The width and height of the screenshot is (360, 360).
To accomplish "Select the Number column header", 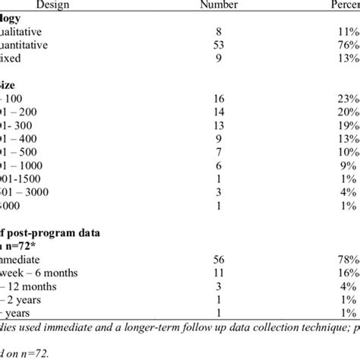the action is coord(219,6).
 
